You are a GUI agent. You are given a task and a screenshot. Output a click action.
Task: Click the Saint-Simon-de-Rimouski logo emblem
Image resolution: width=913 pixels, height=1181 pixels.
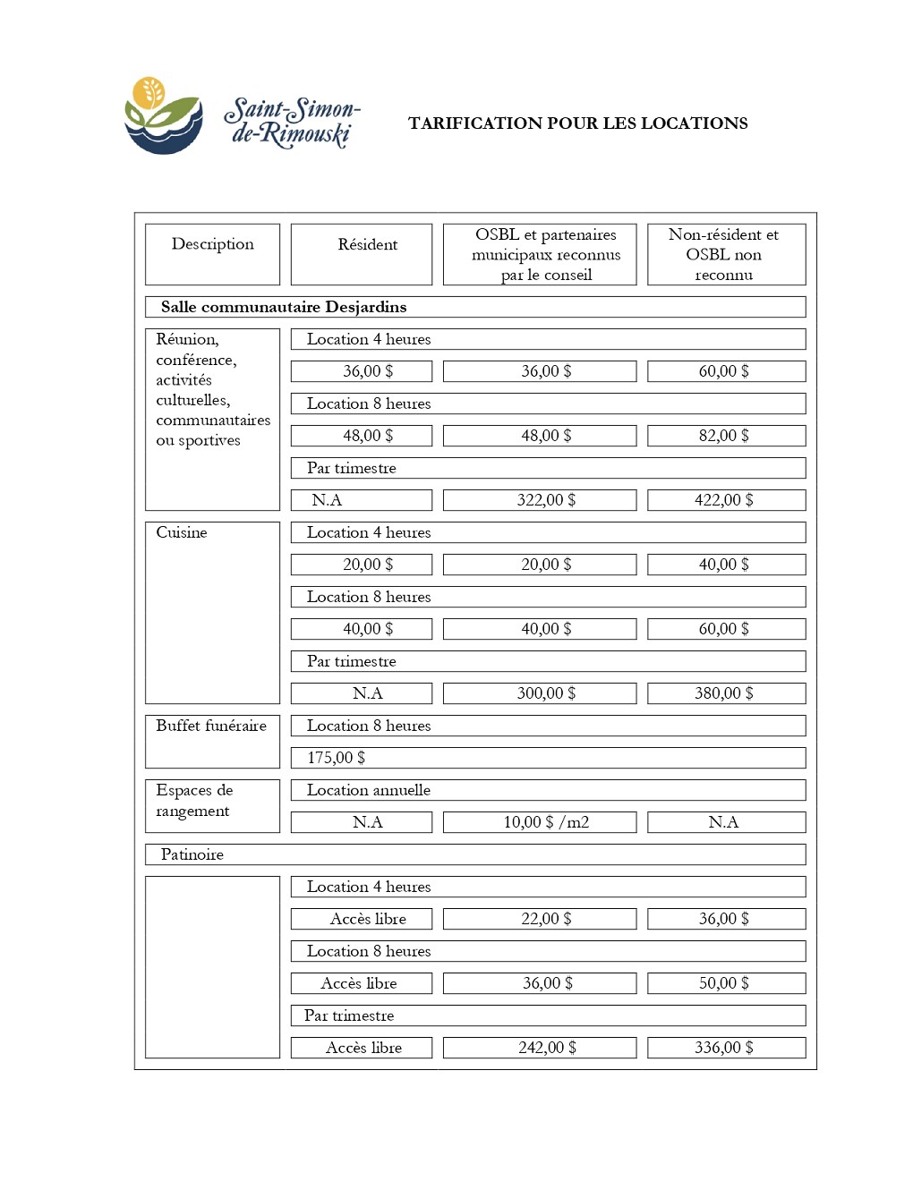(x=163, y=116)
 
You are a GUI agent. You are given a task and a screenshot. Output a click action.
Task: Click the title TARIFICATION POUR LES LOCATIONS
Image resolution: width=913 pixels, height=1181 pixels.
(x=577, y=123)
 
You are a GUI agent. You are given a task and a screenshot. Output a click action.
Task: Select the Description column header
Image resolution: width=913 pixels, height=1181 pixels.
(x=212, y=244)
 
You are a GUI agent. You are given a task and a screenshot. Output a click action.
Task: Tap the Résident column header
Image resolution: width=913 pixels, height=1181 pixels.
(x=367, y=245)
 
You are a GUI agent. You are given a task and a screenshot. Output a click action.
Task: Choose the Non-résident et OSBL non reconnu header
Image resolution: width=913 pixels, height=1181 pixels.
(x=723, y=254)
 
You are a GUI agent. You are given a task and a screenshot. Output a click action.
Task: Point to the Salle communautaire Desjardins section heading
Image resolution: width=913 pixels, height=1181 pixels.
(x=284, y=307)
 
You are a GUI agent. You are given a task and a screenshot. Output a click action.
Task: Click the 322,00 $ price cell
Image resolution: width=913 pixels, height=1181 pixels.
(x=546, y=500)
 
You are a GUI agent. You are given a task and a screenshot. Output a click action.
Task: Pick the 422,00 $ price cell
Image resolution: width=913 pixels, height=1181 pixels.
(x=723, y=500)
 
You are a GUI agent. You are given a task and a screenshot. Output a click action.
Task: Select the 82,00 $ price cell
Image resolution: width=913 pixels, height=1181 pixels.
(x=723, y=436)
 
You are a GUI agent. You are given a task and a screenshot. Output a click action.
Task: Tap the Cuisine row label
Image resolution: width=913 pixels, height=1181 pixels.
(x=182, y=532)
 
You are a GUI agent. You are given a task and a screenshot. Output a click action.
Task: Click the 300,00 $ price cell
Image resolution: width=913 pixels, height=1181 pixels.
(x=546, y=693)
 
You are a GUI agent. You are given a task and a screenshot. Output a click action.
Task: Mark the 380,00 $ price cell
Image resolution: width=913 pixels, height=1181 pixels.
(x=723, y=693)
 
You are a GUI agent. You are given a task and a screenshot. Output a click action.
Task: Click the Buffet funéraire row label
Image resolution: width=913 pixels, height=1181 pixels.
(x=211, y=726)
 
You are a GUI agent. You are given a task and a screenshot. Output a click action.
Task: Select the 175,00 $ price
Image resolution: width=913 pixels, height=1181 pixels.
(x=337, y=758)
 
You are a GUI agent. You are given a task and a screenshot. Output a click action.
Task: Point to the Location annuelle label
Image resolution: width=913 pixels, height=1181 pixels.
(x=369, y=790)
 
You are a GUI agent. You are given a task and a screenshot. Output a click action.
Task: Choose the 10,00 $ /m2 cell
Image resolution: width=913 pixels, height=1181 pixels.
(x=546, y=822)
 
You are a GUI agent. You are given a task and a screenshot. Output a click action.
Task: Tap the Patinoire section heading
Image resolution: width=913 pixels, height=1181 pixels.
(x=192, y=854)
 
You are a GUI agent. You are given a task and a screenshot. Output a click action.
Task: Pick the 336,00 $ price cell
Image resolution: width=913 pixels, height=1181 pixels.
(x=723, y=1048)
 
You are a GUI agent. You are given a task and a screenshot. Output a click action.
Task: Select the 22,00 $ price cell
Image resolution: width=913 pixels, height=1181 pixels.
(x=546, y=919)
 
